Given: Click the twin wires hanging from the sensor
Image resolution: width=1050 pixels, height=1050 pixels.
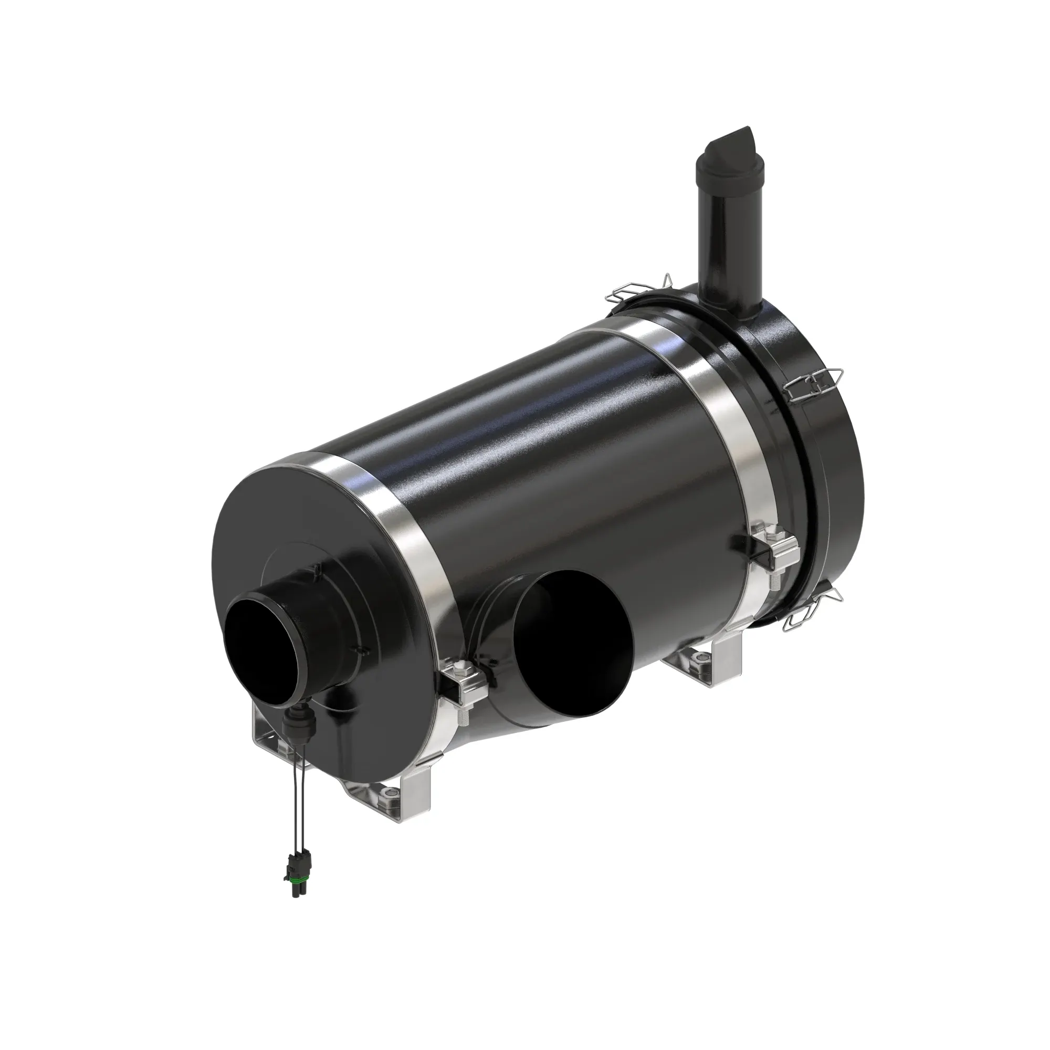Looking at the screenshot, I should pyautogui.click(x=296, y=799).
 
